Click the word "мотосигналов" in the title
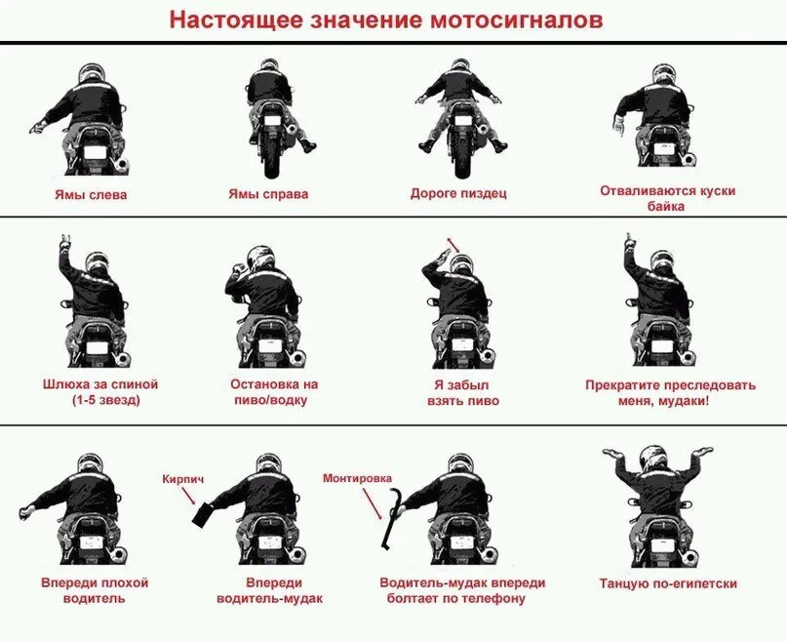click(516, 20)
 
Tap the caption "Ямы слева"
click(91, 195)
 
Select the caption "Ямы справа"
click(268, 194)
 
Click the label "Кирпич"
click(183, 479)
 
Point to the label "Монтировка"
click(357, 478)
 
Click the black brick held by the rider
click(204, 514)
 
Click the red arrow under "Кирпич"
click(189, 496)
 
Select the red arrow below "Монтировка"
click(372, 502)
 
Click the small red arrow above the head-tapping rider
click(453, 244)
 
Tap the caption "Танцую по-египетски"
click(668, 583)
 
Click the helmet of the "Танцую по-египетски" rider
click(653, 461)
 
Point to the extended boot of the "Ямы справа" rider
click(307, 145)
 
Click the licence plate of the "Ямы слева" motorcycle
click(95, 152)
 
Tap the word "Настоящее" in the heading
click(236, 21)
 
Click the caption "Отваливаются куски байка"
click(668, 198)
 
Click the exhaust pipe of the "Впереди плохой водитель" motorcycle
click(118, 554)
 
